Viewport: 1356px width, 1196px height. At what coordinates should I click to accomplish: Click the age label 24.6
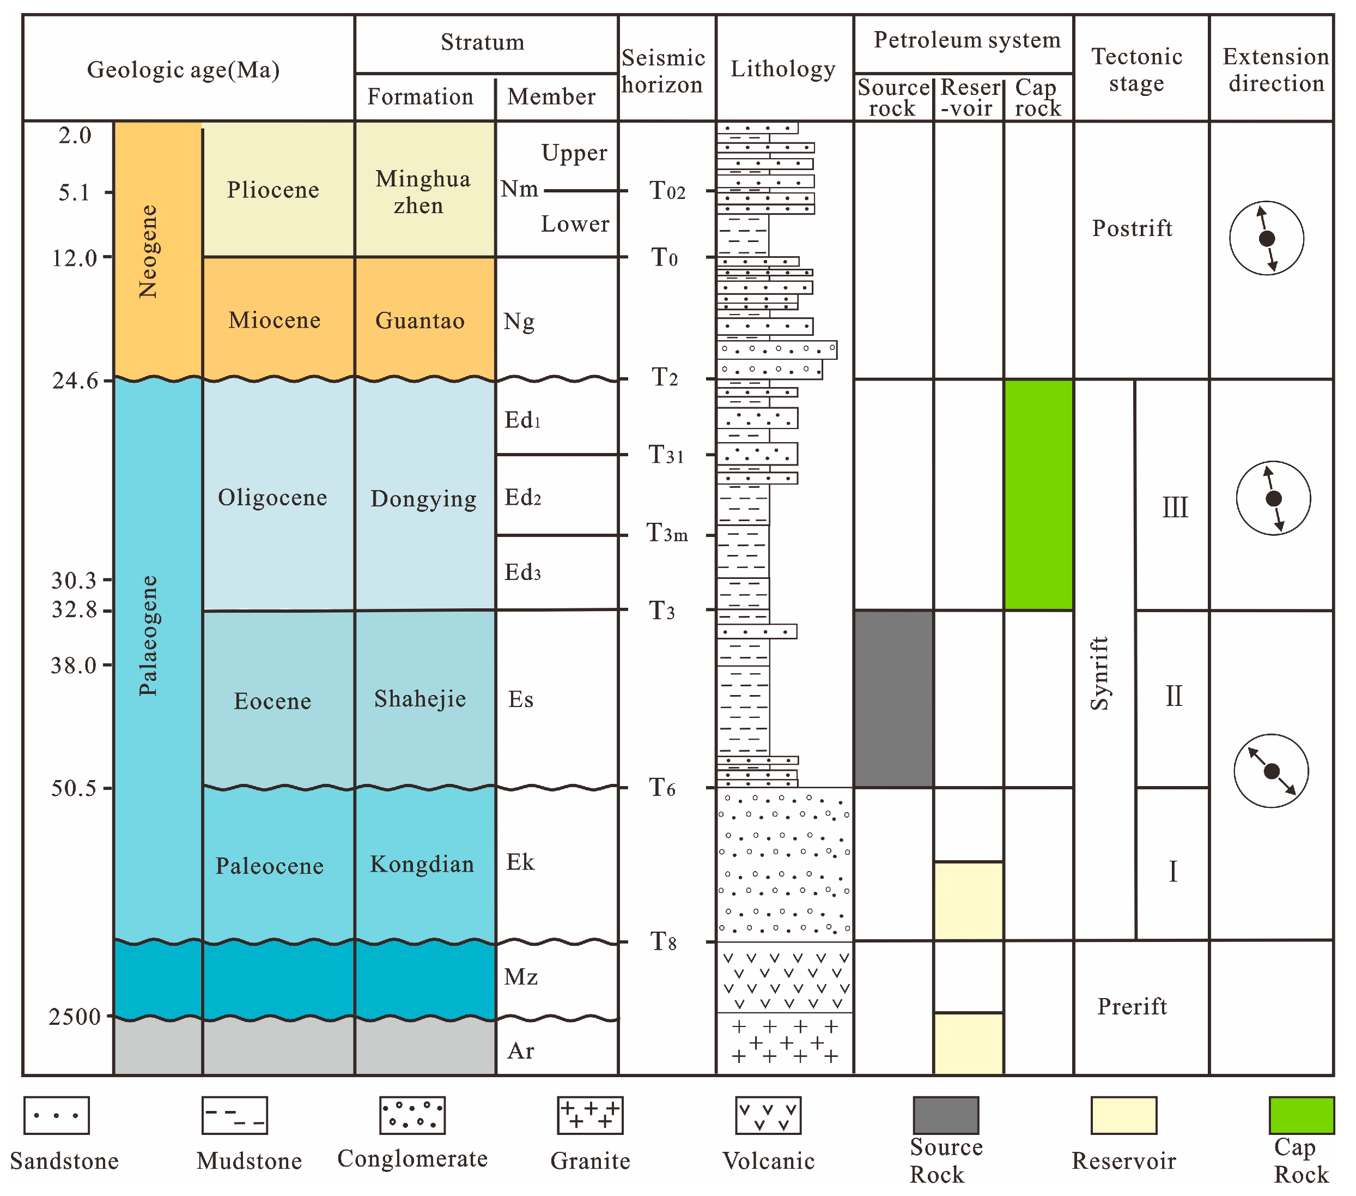pyautogui.click(x=74, y=381)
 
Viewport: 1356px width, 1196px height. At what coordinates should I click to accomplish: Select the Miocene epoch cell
pyautogui.click(x=274, y=320)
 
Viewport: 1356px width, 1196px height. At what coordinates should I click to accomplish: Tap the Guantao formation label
pyautogui.click(x=419, y=321)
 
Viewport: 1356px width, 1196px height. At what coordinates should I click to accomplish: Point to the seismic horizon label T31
pyautogui.click(x=665, y=455)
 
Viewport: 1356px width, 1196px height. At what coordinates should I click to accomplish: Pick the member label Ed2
pyautogui.click(x=523, y=497)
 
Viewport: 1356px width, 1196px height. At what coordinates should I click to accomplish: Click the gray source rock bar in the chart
pyautogui.click(x=893, y=698)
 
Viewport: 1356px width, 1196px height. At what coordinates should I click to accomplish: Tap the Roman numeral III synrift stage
pyautogui.click(x=1174, y=508)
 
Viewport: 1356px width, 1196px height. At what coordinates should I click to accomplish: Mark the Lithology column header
pyautogui.click(x=783, y=69)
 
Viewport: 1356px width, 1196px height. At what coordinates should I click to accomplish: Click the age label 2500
pyautogui.click(x=74, y=1016)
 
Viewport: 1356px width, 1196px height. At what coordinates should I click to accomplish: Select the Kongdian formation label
pyautogui.click(x=422, y=863)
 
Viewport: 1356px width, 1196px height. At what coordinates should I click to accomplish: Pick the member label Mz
pyautogui.click(x=521, y=976)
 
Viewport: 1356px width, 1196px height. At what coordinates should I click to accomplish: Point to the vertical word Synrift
pyautogui.click(x=1100, y=673)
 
